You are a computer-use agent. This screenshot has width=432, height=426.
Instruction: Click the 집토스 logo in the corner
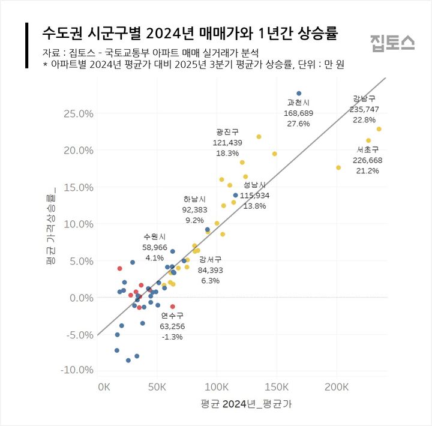pos(392,41)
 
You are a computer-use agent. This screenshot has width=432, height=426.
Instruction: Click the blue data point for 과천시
pos(299,94)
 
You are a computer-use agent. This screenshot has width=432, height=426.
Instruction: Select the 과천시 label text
pos(298,103)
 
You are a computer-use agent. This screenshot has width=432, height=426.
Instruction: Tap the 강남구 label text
pos(365,99)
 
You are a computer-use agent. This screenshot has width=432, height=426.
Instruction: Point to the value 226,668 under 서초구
pos(368,160)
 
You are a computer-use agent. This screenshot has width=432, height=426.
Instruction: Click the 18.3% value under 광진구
pos(227,153)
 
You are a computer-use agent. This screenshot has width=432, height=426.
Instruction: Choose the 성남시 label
pos(254,185)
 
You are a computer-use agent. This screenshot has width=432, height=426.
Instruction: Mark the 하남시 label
pos(195,199)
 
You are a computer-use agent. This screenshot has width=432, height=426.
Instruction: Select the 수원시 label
pos(154,236)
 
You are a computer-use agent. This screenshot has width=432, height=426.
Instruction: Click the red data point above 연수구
pos(173,307)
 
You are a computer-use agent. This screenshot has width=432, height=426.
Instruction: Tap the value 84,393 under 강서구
pos(211,270)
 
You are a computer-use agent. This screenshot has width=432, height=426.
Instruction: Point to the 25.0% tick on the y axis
pos(78,113)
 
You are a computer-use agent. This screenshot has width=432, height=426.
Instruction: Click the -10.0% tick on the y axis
pos(76,370)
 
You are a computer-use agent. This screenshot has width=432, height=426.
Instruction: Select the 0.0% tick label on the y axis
pos(80,298)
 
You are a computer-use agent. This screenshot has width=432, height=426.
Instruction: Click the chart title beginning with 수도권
pos(189,34)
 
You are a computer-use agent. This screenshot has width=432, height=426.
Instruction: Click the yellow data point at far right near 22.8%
pos(379,129)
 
